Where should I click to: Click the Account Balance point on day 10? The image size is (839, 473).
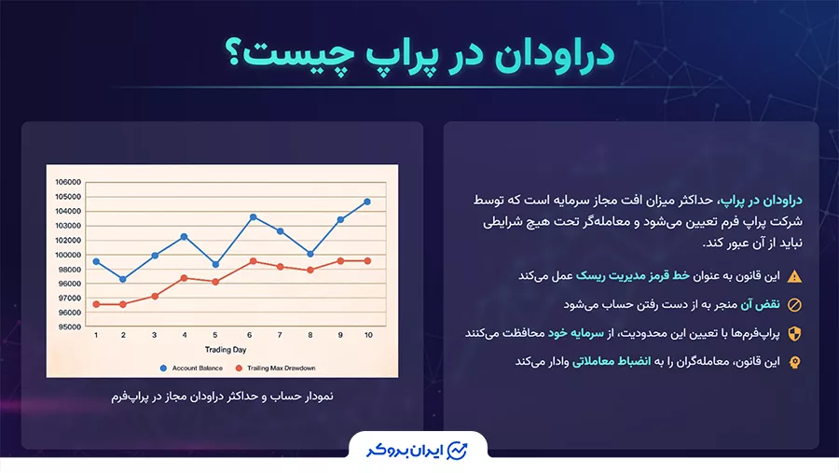367,202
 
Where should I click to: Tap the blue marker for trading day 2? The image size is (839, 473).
123,279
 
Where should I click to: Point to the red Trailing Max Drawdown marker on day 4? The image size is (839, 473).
185,278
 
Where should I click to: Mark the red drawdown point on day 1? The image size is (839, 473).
96,304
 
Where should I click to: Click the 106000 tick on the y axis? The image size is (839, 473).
69,182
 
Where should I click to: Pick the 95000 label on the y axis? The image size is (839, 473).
69,327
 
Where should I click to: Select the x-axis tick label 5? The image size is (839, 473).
215,336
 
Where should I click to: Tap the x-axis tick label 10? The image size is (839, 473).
368,336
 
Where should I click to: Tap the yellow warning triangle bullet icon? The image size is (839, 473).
794,276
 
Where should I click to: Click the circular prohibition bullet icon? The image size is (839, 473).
794,305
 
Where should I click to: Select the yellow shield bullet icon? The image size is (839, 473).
794,333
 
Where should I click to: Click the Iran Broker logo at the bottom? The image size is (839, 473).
419,451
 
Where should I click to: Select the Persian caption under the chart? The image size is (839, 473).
222,396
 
